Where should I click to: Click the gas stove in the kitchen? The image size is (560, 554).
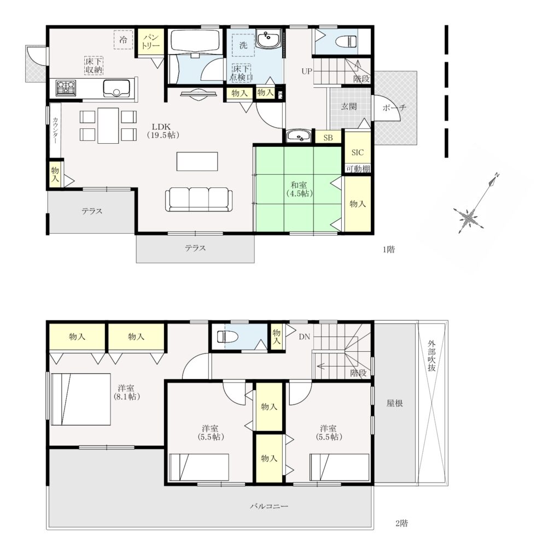[x=66, y=88]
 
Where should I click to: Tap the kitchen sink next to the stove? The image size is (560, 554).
[x=116, y=89]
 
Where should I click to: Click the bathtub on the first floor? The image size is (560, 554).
[x=195, y=41]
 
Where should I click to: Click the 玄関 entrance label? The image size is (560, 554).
[x=348, y=107]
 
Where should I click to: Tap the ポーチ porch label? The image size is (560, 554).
[x=394, y=107]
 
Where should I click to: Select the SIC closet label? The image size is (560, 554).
[x=358, y=152]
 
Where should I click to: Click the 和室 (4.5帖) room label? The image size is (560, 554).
[x=299, y=190]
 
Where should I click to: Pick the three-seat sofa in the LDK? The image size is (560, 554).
[x=199, y=199]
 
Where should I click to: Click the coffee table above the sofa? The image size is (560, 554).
[x=197, y=162]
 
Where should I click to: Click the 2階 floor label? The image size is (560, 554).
[x=402, y=523]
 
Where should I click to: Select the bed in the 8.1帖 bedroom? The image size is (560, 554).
[x=80, y=399]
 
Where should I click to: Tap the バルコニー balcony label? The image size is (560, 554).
[x=269, y=506]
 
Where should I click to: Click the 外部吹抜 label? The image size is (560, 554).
[x=431, y=356]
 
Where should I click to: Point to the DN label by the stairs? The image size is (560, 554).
[x=304, y=337]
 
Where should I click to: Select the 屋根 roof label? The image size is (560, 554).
[x=395, y=403]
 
